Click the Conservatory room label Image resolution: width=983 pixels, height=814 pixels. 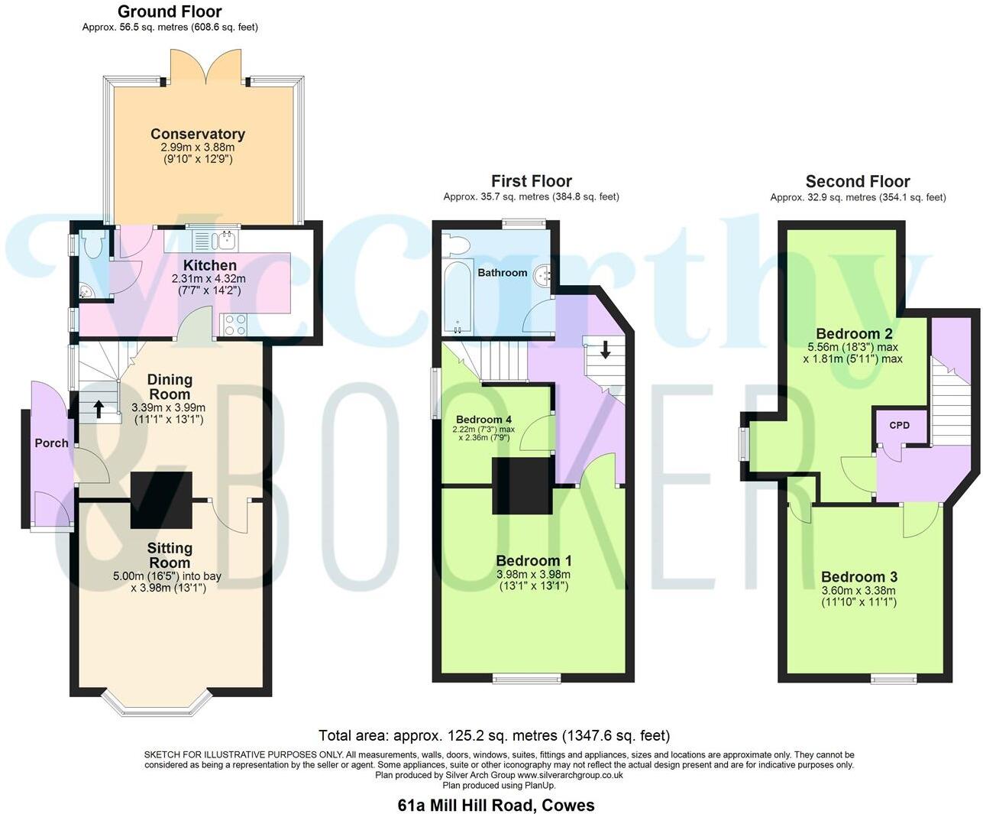[197, 135]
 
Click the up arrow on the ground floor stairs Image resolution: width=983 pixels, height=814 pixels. [99, 410]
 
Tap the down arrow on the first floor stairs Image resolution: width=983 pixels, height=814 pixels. [605, 350]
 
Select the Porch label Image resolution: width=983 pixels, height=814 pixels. [51, 443]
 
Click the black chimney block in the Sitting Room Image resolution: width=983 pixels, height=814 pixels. [161, 500]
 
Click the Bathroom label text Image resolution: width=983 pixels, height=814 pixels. [502, 273]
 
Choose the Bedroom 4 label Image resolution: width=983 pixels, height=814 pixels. [483, 420]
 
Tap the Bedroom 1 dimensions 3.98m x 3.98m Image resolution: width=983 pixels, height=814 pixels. [533, 575]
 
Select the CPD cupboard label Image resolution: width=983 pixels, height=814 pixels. [899, 425]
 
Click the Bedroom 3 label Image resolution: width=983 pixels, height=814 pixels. [859, 577]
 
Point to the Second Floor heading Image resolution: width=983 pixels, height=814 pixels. [857, 182]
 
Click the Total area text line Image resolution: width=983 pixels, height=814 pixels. [493, 736]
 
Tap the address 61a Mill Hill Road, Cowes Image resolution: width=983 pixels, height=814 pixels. [496, 805]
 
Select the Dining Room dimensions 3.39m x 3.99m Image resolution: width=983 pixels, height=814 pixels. [168, 407]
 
